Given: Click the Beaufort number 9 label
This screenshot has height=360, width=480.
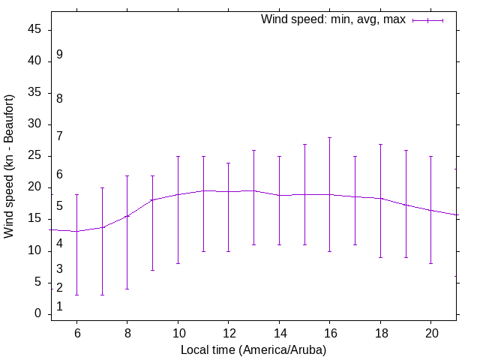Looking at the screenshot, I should [59, 55].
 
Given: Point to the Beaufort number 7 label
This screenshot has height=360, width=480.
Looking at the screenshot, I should [59, 136].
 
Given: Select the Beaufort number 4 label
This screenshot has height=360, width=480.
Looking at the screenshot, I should [59, 244].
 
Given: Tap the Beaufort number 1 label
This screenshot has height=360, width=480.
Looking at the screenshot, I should [59, 307].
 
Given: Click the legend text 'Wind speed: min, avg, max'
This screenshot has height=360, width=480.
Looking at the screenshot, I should [333, 19].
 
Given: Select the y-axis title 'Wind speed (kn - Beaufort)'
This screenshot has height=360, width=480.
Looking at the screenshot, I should [10, 166].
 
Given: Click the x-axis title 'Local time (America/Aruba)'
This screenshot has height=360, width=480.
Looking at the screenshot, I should [253, 350].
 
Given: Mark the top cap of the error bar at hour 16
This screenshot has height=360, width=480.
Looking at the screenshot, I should [329, 137].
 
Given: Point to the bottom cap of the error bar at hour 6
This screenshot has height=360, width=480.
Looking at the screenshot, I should [76, 295].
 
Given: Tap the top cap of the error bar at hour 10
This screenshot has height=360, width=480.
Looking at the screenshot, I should [178, 156].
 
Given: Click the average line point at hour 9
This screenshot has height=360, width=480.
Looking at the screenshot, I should [152, 200].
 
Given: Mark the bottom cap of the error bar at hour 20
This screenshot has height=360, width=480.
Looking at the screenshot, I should [430, 263].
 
